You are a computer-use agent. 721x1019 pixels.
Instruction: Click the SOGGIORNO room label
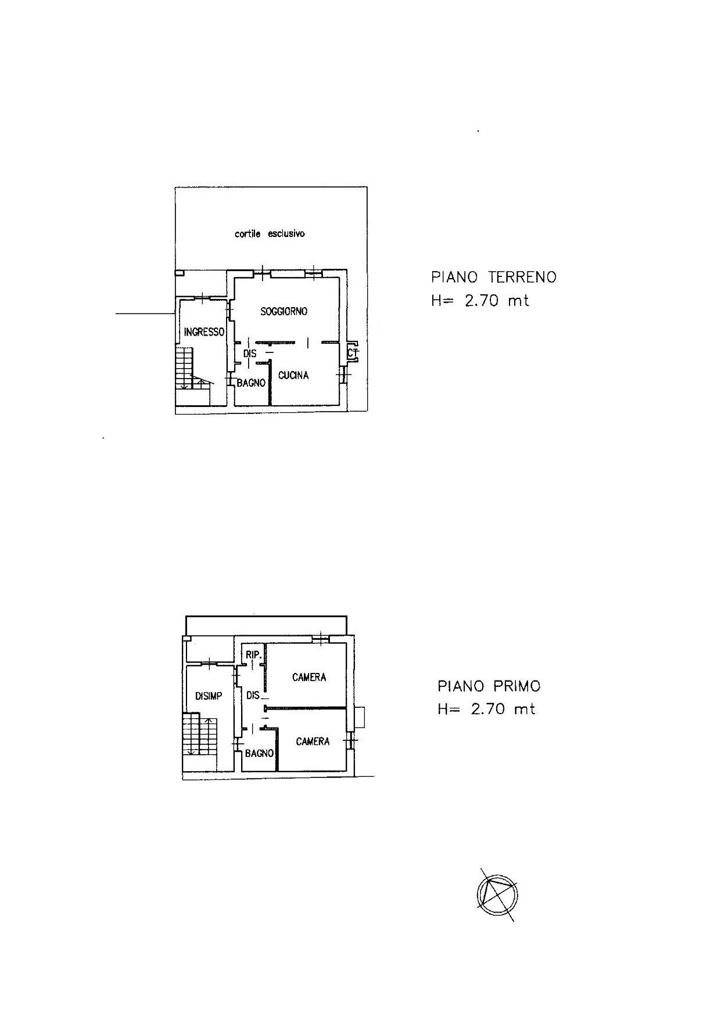284,311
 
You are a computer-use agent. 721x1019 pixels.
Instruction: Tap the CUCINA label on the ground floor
293,375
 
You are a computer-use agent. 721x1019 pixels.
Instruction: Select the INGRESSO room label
204,332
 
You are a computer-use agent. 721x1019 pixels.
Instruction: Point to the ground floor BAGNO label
251,383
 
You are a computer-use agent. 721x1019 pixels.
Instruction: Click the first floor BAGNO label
259,753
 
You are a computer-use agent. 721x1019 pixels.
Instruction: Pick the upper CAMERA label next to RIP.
309,677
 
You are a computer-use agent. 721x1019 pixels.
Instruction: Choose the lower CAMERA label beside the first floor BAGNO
313,741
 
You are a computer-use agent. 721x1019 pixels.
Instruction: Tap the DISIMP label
209,696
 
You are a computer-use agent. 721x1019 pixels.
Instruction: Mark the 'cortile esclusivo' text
270,234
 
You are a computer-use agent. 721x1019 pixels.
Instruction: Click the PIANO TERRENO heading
494,277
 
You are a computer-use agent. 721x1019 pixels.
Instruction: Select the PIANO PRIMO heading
489,686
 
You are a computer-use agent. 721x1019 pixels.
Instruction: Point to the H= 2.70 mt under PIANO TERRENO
480,301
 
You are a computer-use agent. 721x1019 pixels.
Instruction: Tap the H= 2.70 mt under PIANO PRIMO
486,710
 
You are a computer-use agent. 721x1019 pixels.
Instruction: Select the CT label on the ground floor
352,352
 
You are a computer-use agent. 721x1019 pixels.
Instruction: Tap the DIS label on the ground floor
250,353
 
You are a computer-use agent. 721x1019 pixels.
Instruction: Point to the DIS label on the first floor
253,695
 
